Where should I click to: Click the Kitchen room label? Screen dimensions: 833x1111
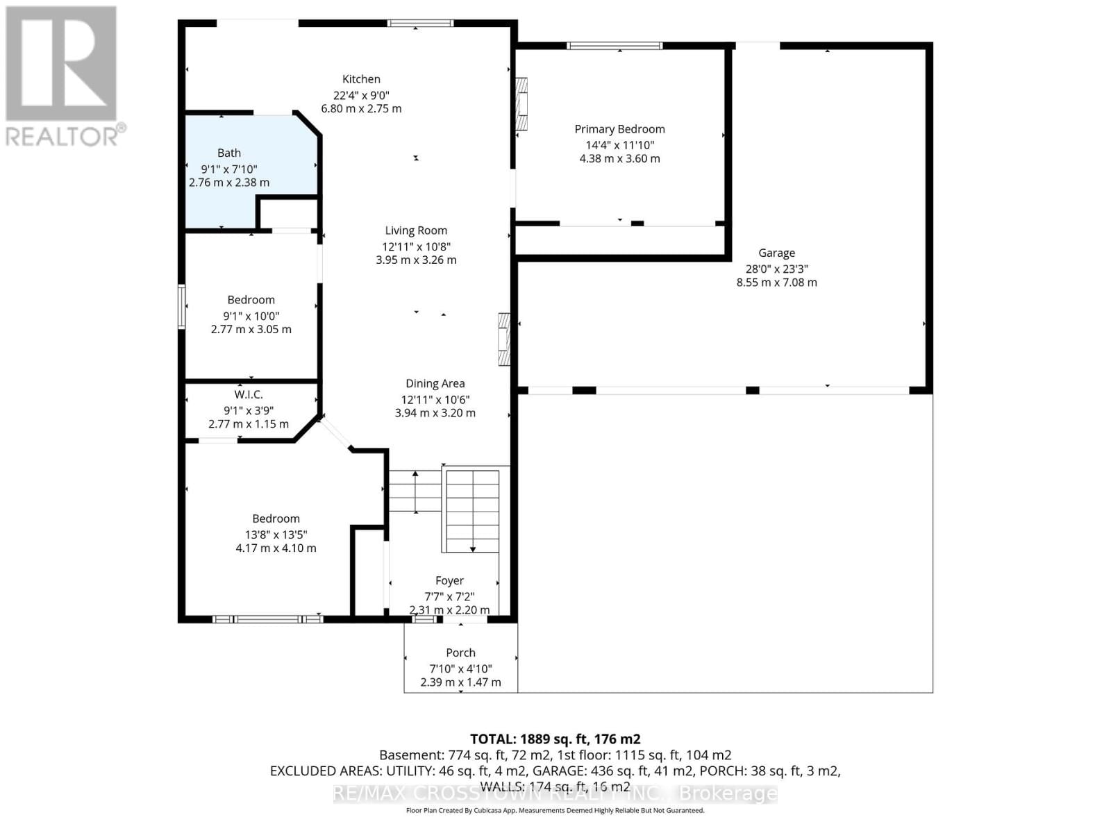coord(361,79)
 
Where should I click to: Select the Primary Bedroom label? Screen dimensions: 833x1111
coord(619,129)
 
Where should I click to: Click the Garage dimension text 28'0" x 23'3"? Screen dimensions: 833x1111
coord(776,269)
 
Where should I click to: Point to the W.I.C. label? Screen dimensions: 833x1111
coord(248,394)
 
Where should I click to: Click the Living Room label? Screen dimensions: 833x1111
coord(416,230)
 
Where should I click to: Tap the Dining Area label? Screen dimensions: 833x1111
coord(435,383)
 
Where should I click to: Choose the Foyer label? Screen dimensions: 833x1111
coord(449,580)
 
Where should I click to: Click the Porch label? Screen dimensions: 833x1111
coord(460,653)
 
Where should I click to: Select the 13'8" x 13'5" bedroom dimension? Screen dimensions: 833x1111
coord(276,535)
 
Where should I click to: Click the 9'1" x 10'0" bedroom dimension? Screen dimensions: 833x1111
coord(251,316)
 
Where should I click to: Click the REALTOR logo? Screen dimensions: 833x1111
coord(62,76)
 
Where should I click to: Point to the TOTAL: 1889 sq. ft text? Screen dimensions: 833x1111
coord(555,739)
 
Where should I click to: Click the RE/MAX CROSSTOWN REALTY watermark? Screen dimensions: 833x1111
coord(555,793)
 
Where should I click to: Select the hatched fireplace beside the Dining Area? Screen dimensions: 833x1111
coord(504,339)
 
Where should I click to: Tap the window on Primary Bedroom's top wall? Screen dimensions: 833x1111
coord(615,46)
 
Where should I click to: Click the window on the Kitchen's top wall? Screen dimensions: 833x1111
coord(420,23)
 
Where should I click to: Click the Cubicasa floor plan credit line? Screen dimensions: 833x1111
coord(555,810)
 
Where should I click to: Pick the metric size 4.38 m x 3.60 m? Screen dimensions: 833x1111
coord(619,158)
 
